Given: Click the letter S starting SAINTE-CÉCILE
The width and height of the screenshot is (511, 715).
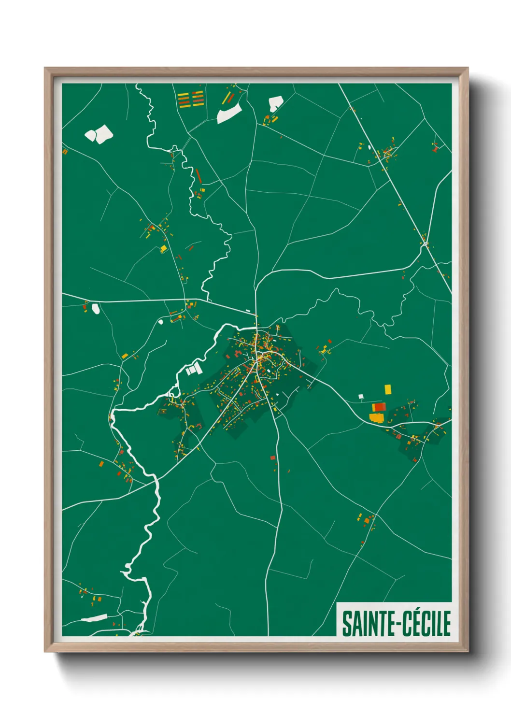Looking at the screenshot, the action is tap(347, 624).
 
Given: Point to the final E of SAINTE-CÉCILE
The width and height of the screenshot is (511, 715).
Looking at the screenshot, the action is tap(446, 624).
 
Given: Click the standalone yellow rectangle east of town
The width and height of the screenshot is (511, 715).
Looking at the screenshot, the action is tap(387, 389).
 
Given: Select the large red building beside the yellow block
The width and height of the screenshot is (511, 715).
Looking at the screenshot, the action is tap(380, 407).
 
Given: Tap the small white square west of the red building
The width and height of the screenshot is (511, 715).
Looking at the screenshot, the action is tap(360, 397).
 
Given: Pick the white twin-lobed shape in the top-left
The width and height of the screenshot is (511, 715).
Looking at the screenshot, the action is tap(99, 134).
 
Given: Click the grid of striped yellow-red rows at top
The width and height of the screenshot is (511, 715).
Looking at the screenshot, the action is tap(191, 99).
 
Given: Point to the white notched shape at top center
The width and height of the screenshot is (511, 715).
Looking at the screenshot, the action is tap(275, 103).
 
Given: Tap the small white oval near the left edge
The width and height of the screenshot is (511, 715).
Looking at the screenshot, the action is tap(96, 308).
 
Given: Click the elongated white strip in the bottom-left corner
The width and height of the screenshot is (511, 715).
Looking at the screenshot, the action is tap(94, 618).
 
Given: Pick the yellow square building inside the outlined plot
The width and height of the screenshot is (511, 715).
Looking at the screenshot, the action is tap(163, 249).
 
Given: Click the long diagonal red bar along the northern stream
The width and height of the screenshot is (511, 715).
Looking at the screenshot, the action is tap(198, 175).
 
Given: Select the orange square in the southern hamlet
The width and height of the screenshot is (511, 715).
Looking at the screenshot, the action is tap(366, 521).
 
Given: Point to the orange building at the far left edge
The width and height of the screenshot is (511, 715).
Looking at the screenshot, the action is tap(65, 152).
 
